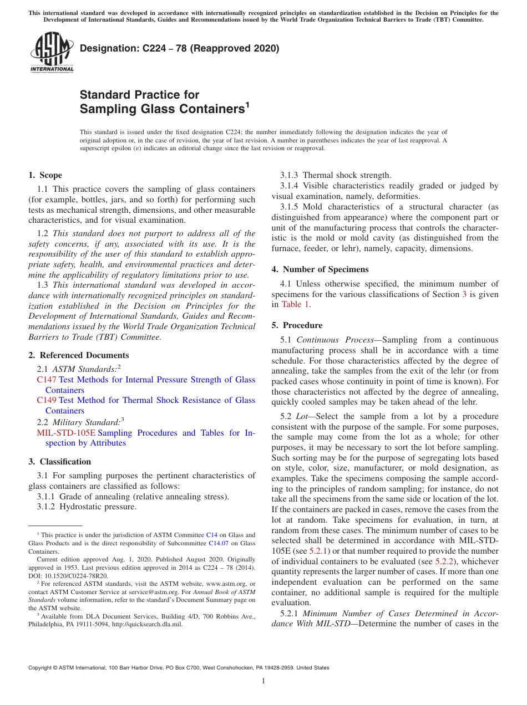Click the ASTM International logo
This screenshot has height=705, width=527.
click(52, 52)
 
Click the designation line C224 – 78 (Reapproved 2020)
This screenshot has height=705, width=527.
click(179, 49)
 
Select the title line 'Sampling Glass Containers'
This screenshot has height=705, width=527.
click(162, 109)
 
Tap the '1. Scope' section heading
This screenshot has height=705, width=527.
click(45, 175)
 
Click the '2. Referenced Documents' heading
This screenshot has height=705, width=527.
click(78, 355)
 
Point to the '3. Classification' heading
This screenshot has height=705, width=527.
click(59, 462)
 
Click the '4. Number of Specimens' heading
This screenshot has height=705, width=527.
click(320, 269)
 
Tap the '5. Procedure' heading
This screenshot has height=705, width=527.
click(297, 325)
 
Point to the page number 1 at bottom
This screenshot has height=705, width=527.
click(263, 681)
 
